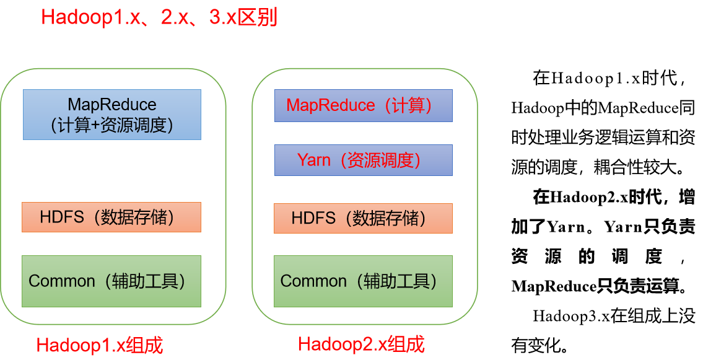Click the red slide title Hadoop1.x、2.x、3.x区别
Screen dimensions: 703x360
[x=159, y=17]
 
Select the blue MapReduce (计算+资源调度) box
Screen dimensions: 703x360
[x=112, y=115]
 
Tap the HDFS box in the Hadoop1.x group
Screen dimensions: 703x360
[x=111, y=217]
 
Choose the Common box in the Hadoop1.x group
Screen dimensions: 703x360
[x=111, y=281]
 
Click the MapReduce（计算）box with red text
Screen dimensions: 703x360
[x=364, y=105]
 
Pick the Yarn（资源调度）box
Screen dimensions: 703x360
[x=364, y=160]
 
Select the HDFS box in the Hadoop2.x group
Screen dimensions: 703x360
[x=363, y=218]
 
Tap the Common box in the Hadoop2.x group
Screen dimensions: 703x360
[x=363, y=281]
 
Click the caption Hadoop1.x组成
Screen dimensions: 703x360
[x=100, y=345]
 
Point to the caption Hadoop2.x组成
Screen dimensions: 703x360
[x=361, y=345]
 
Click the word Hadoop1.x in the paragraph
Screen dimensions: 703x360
[x=595, y=79]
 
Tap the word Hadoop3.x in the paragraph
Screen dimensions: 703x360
[x=571, y=316]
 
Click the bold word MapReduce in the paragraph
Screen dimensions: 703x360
[x=554, y=286]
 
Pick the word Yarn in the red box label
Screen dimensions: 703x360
[x=314, y=160]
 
